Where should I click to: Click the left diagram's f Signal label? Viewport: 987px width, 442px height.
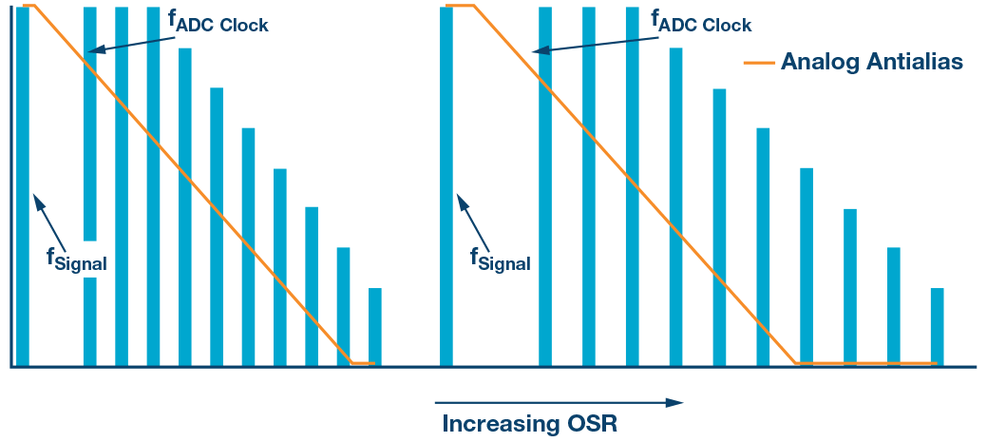[x=76, y=259]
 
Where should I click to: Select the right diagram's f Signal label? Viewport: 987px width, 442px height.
[x=500, y=259]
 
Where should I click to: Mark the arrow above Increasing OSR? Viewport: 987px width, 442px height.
[x=560, y=402]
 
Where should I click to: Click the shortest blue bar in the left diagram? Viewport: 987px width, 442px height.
[x=374, y=326]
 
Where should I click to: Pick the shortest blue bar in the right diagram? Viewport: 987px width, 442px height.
[x=938, y=326]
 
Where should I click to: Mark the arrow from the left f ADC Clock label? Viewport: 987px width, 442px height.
[x=123, y=40]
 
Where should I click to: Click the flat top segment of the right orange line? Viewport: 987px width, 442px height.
[x=460, y=6]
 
